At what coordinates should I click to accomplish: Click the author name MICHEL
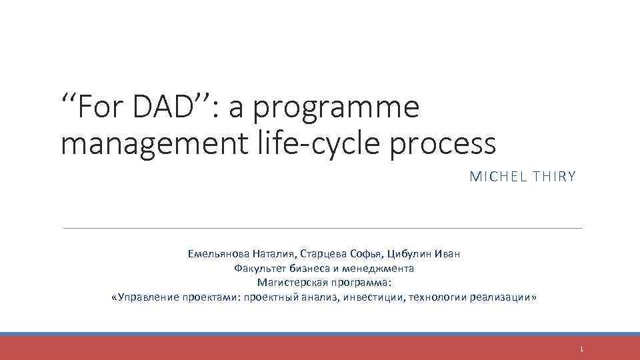[493, 177]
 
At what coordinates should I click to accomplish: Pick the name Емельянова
[218, 254]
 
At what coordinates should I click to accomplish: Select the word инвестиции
[369, 297]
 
